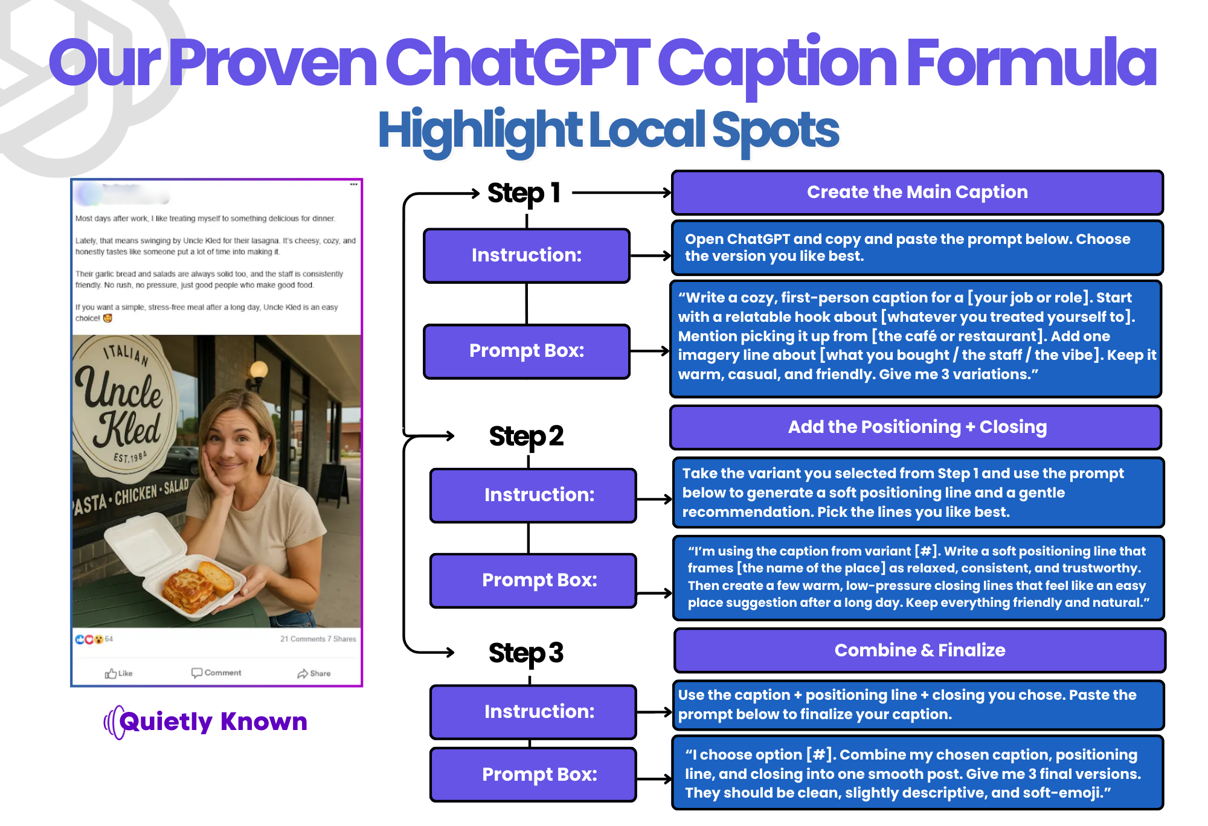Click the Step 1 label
524,193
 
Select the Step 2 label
526,436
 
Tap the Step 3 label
526,653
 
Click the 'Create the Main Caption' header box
917,193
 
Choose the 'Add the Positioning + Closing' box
916,427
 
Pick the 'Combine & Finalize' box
920,650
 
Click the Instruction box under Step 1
527,255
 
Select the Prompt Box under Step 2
533,580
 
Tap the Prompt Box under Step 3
533,775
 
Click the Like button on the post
118,673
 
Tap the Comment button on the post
216,673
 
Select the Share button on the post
314,673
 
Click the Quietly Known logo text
213,722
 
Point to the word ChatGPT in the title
518,62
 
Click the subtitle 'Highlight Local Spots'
608,130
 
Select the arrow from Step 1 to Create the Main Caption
622,193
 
